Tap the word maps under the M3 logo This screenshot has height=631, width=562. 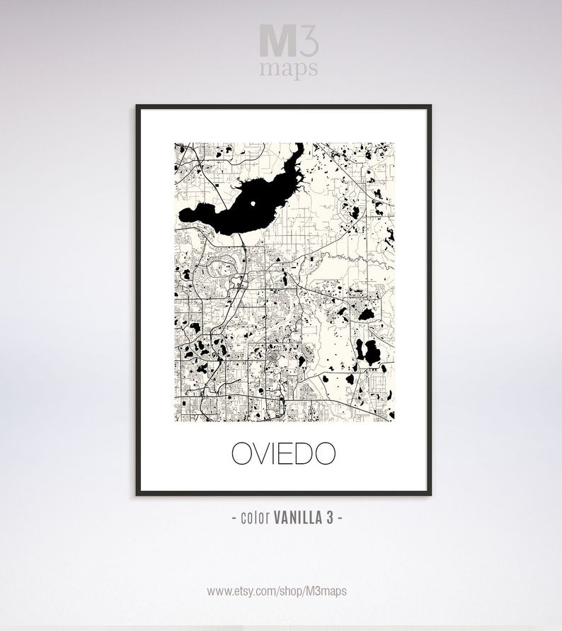tap(288, 69)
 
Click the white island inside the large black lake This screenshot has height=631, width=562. tap(253, 205)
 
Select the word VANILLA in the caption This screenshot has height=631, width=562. tap(297, 518)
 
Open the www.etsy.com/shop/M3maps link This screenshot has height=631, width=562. tap(277, 589)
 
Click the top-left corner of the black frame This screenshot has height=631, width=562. tap(137, 106)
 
